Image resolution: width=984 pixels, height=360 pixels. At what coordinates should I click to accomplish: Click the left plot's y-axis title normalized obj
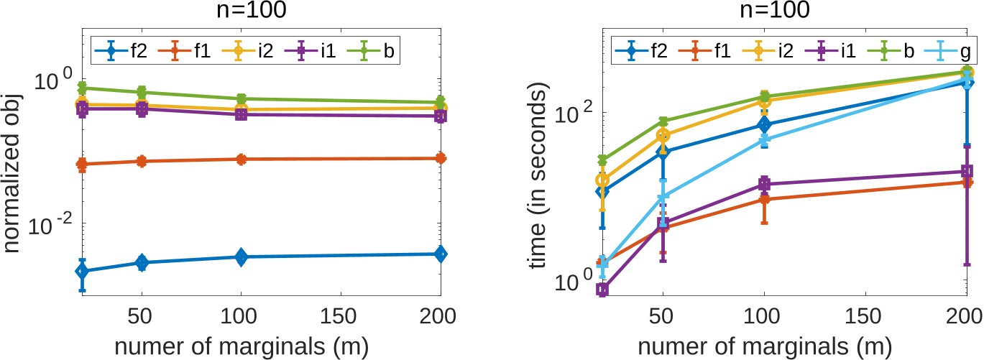[x=12, y=170]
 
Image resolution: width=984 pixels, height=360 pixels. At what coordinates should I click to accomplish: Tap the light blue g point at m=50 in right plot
[x=663, y=196]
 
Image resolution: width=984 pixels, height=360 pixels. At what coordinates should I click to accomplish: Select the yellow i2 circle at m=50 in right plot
[x=663, y=136]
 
